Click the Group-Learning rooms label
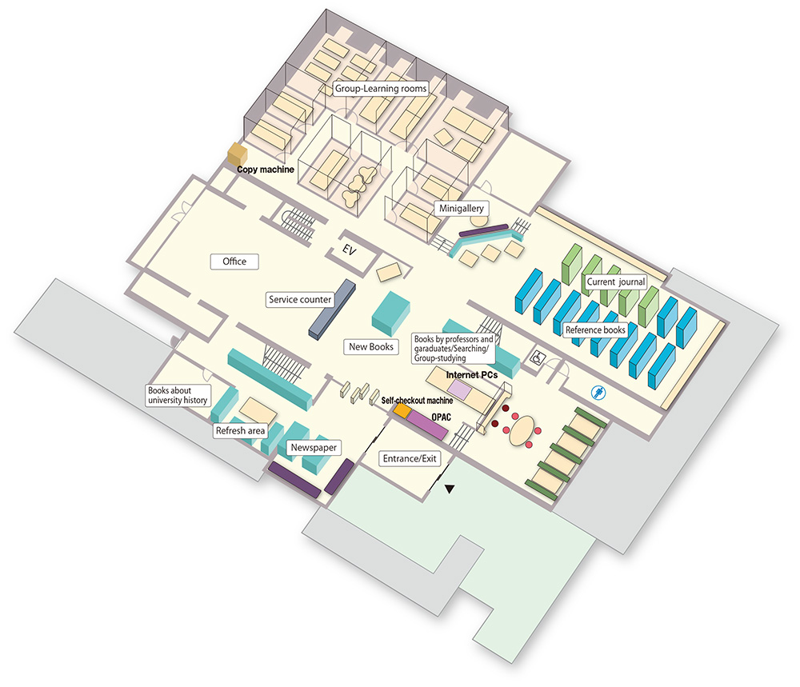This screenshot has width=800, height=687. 380,88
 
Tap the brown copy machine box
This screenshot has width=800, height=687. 237,153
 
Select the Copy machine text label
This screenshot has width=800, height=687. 266,170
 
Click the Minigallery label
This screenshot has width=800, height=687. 463,208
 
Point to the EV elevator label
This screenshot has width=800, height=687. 348,250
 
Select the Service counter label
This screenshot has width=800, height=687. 300,300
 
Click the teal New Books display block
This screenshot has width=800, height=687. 392,313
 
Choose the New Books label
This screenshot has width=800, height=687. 371,347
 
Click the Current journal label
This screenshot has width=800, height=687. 615,282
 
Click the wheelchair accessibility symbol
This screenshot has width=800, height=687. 537,361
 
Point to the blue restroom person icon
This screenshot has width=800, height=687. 596,392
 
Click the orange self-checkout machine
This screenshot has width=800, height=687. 402,410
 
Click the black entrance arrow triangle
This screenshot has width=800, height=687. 450,489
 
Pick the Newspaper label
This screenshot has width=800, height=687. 310,448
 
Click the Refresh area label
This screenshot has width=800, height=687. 240,431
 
